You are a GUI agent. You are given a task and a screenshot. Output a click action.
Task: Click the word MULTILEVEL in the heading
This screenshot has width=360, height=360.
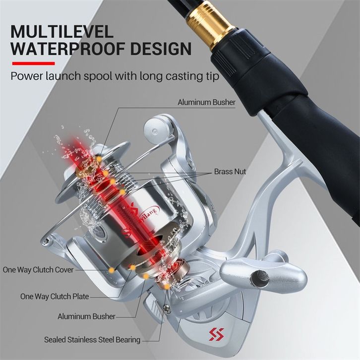pos(62,31)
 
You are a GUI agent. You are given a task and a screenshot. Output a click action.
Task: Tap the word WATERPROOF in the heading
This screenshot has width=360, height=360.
pos(68,49)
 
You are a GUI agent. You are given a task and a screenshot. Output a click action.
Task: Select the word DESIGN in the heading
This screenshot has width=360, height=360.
pos(161,49)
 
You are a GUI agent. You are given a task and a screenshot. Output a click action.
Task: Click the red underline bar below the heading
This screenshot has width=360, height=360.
pos(34,63)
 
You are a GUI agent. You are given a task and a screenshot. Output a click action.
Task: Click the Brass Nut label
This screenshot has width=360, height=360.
pos(230,172)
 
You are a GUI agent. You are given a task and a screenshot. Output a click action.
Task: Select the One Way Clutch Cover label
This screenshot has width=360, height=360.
pos(38,270)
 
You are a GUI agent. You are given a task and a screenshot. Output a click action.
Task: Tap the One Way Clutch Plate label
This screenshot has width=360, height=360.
pos(55,296)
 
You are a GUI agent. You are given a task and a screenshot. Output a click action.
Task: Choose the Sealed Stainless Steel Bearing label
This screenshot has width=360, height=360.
pos(92,340)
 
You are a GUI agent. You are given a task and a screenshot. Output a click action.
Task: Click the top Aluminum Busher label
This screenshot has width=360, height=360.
pos(207,102)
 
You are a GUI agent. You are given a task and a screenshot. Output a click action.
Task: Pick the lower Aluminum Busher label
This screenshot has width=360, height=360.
pos(86,316)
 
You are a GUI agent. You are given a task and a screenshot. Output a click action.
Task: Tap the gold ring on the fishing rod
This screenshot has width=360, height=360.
pos(211,26)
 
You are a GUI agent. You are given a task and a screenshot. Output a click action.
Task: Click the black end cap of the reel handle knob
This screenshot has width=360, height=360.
pos(259,276)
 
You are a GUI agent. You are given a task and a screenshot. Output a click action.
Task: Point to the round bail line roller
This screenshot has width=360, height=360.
pos(158,130)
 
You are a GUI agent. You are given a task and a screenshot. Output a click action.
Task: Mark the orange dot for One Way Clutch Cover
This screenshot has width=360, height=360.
pos(112,270)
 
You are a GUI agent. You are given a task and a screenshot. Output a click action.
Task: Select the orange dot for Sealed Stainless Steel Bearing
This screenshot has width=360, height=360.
pos(167,286)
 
